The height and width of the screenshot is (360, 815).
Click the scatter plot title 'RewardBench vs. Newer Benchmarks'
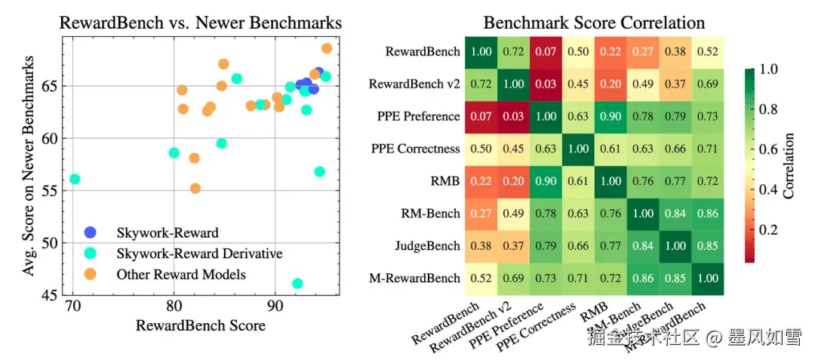(x=200, y=23)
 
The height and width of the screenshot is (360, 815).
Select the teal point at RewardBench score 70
(x=75, y=179)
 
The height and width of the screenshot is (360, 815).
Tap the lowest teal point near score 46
(x=297, y=284)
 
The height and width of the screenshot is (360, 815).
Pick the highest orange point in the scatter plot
(x=327, y=48)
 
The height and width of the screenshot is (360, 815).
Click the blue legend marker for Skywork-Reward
(x=91, y=232)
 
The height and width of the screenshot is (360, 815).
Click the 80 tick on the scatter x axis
(x=174, y=306)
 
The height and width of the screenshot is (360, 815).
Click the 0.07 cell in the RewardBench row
(x=546, y=52)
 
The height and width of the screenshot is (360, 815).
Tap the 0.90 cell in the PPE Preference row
(x=611, y=116)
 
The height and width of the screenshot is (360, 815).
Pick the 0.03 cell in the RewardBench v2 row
(x=546, y=84)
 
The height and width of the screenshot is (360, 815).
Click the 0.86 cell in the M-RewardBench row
(x=644, y=278)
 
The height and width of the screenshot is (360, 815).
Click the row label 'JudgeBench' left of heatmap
(x=428, y=246)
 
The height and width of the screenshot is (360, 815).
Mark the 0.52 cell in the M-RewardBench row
(x=481, y=278)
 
